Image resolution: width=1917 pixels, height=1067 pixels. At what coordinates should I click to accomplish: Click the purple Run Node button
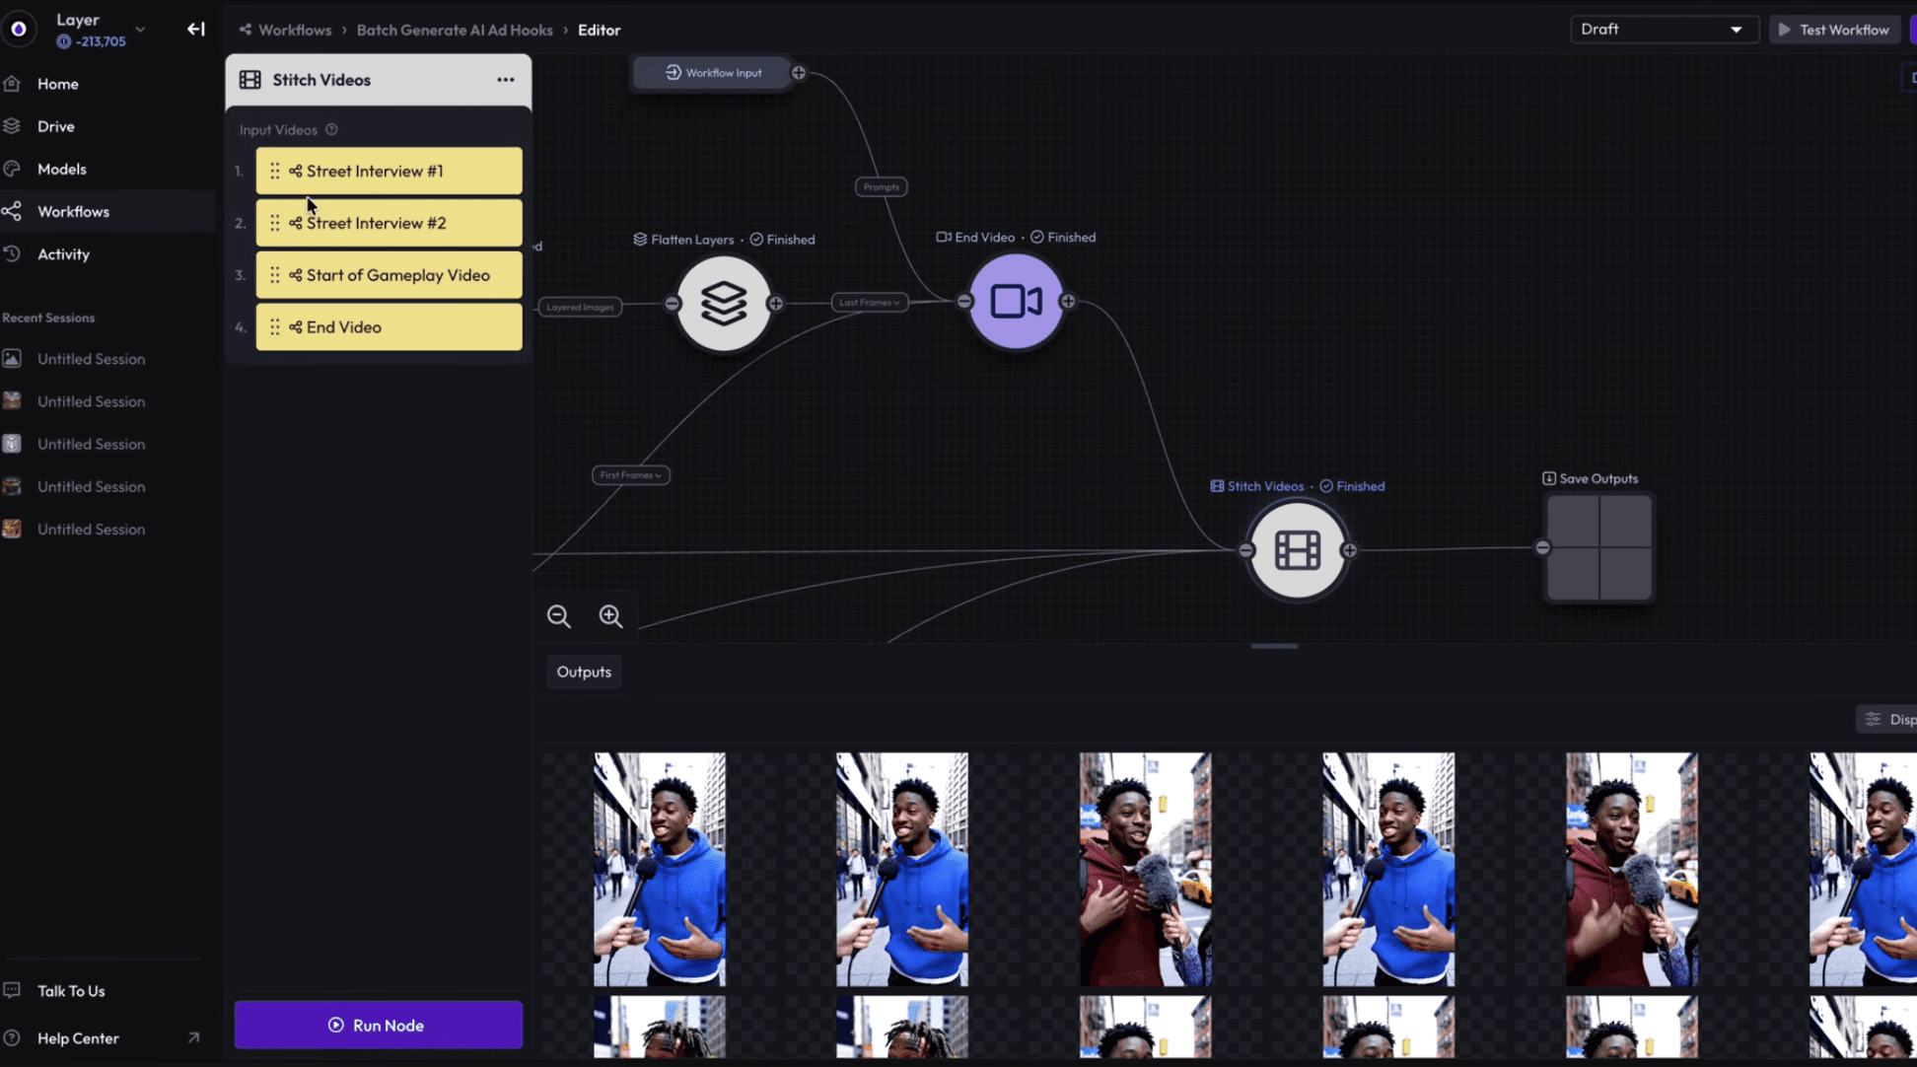pos(378,1025)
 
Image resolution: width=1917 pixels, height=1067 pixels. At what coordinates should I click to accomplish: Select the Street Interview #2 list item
pos(389,223)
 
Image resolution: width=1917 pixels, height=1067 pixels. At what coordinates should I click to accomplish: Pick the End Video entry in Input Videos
pos(389,327)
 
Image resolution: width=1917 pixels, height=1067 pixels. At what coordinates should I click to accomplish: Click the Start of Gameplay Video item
pos(389,275)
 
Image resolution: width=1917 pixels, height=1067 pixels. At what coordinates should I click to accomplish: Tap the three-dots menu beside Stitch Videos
pos(505,80)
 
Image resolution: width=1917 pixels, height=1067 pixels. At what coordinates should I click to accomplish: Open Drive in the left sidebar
pos(55,126)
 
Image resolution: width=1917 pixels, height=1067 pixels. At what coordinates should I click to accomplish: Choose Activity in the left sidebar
pos(63,254)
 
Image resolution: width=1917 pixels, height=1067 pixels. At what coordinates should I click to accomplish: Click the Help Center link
pos(78,1038)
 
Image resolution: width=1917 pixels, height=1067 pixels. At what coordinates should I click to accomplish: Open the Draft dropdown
pos(1663,30)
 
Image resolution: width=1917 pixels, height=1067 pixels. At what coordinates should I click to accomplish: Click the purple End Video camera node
pos(1016,302)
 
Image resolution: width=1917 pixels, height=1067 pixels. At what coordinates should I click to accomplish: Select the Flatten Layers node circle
pos(723,304)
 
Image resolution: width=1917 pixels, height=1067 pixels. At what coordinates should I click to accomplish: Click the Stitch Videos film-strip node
pos(1297,550)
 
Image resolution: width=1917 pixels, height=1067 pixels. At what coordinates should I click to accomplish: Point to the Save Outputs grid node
pos(1598,548)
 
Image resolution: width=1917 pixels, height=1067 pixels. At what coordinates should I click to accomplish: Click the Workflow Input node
pos(713,73)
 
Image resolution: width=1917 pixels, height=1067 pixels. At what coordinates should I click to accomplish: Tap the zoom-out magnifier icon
pos(559,616)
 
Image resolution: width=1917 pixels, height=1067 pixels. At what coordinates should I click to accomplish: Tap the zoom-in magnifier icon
pos(610,616)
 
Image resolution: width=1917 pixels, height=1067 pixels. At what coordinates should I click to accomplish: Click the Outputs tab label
pos(584,672)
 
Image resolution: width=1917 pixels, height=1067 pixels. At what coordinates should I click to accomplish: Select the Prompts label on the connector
pos(881,187)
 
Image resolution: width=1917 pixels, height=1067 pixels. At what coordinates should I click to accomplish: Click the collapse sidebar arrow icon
pos(196,30)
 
